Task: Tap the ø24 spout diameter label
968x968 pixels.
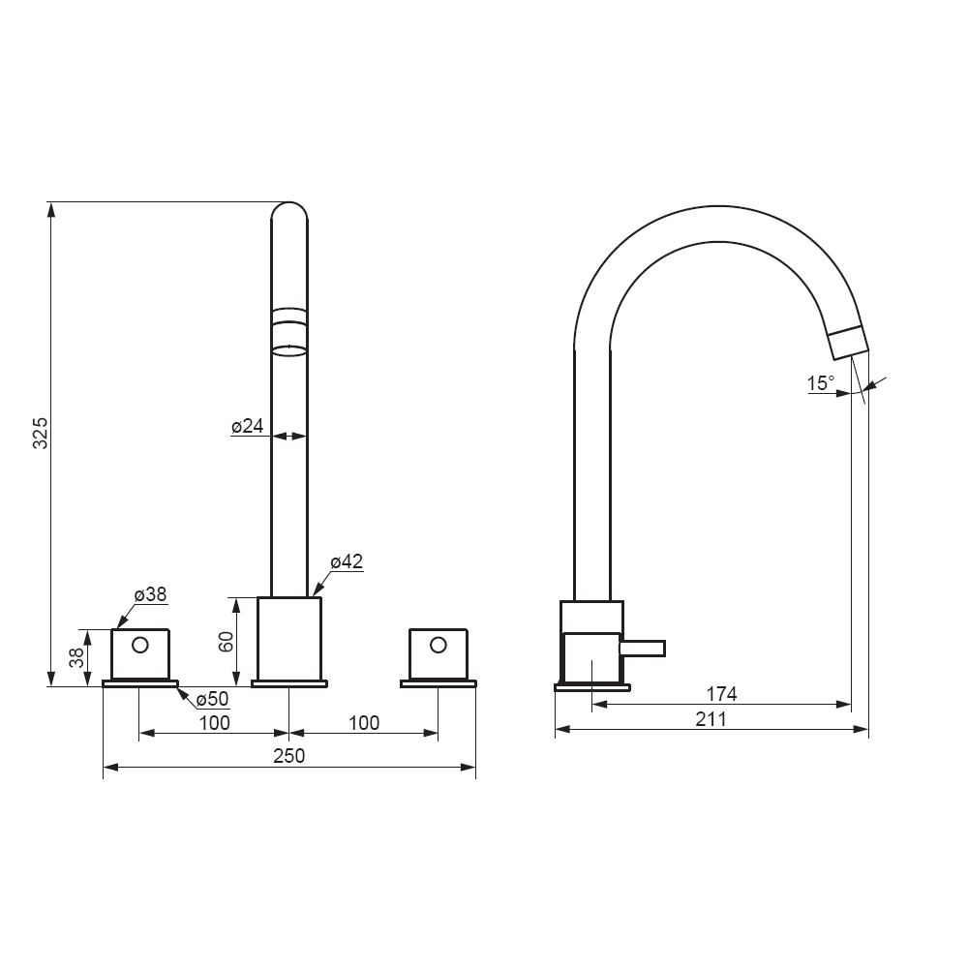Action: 248,425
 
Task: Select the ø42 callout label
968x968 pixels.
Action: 347,561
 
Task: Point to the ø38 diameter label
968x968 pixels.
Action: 151,594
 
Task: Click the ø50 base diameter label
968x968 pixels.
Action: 212,699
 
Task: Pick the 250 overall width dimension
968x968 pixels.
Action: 289,756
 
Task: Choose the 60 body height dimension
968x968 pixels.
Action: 226,642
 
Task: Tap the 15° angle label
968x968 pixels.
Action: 821,383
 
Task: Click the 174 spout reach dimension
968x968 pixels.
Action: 722,694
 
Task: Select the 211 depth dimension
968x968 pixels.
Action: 711,719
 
